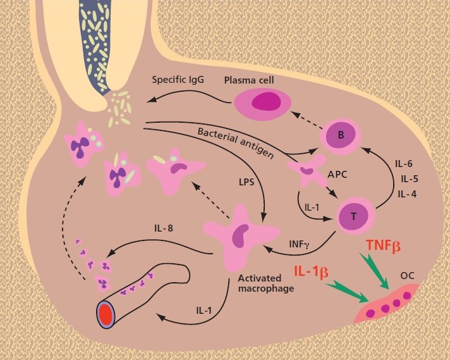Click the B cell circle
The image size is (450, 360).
(x=341, y=135)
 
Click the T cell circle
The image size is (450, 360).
(x=353, y=216)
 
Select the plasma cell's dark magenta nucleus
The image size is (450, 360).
(x=266, y=101)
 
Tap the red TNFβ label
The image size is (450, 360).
(x=383, y=245)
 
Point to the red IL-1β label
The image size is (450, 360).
(x=312, y=272)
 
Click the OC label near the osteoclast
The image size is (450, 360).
(x=407, y=276)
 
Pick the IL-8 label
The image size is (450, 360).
(x=164, y=228)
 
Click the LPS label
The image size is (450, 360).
(x=246, y=182)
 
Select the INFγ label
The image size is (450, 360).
(x=299, y=245)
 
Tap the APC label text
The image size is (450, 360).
(x=337, y=174)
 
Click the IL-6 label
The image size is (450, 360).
(x=403, y=164)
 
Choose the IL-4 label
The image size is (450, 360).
(x=407, y=194)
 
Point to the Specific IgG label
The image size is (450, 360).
(x=178, y=80)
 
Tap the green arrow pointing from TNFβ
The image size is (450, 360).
(x=375, y=271)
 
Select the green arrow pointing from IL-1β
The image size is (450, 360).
(x=347, y=292)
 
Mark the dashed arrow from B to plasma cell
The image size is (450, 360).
(x=307, y=120)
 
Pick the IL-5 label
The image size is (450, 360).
(x=410, y=179)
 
